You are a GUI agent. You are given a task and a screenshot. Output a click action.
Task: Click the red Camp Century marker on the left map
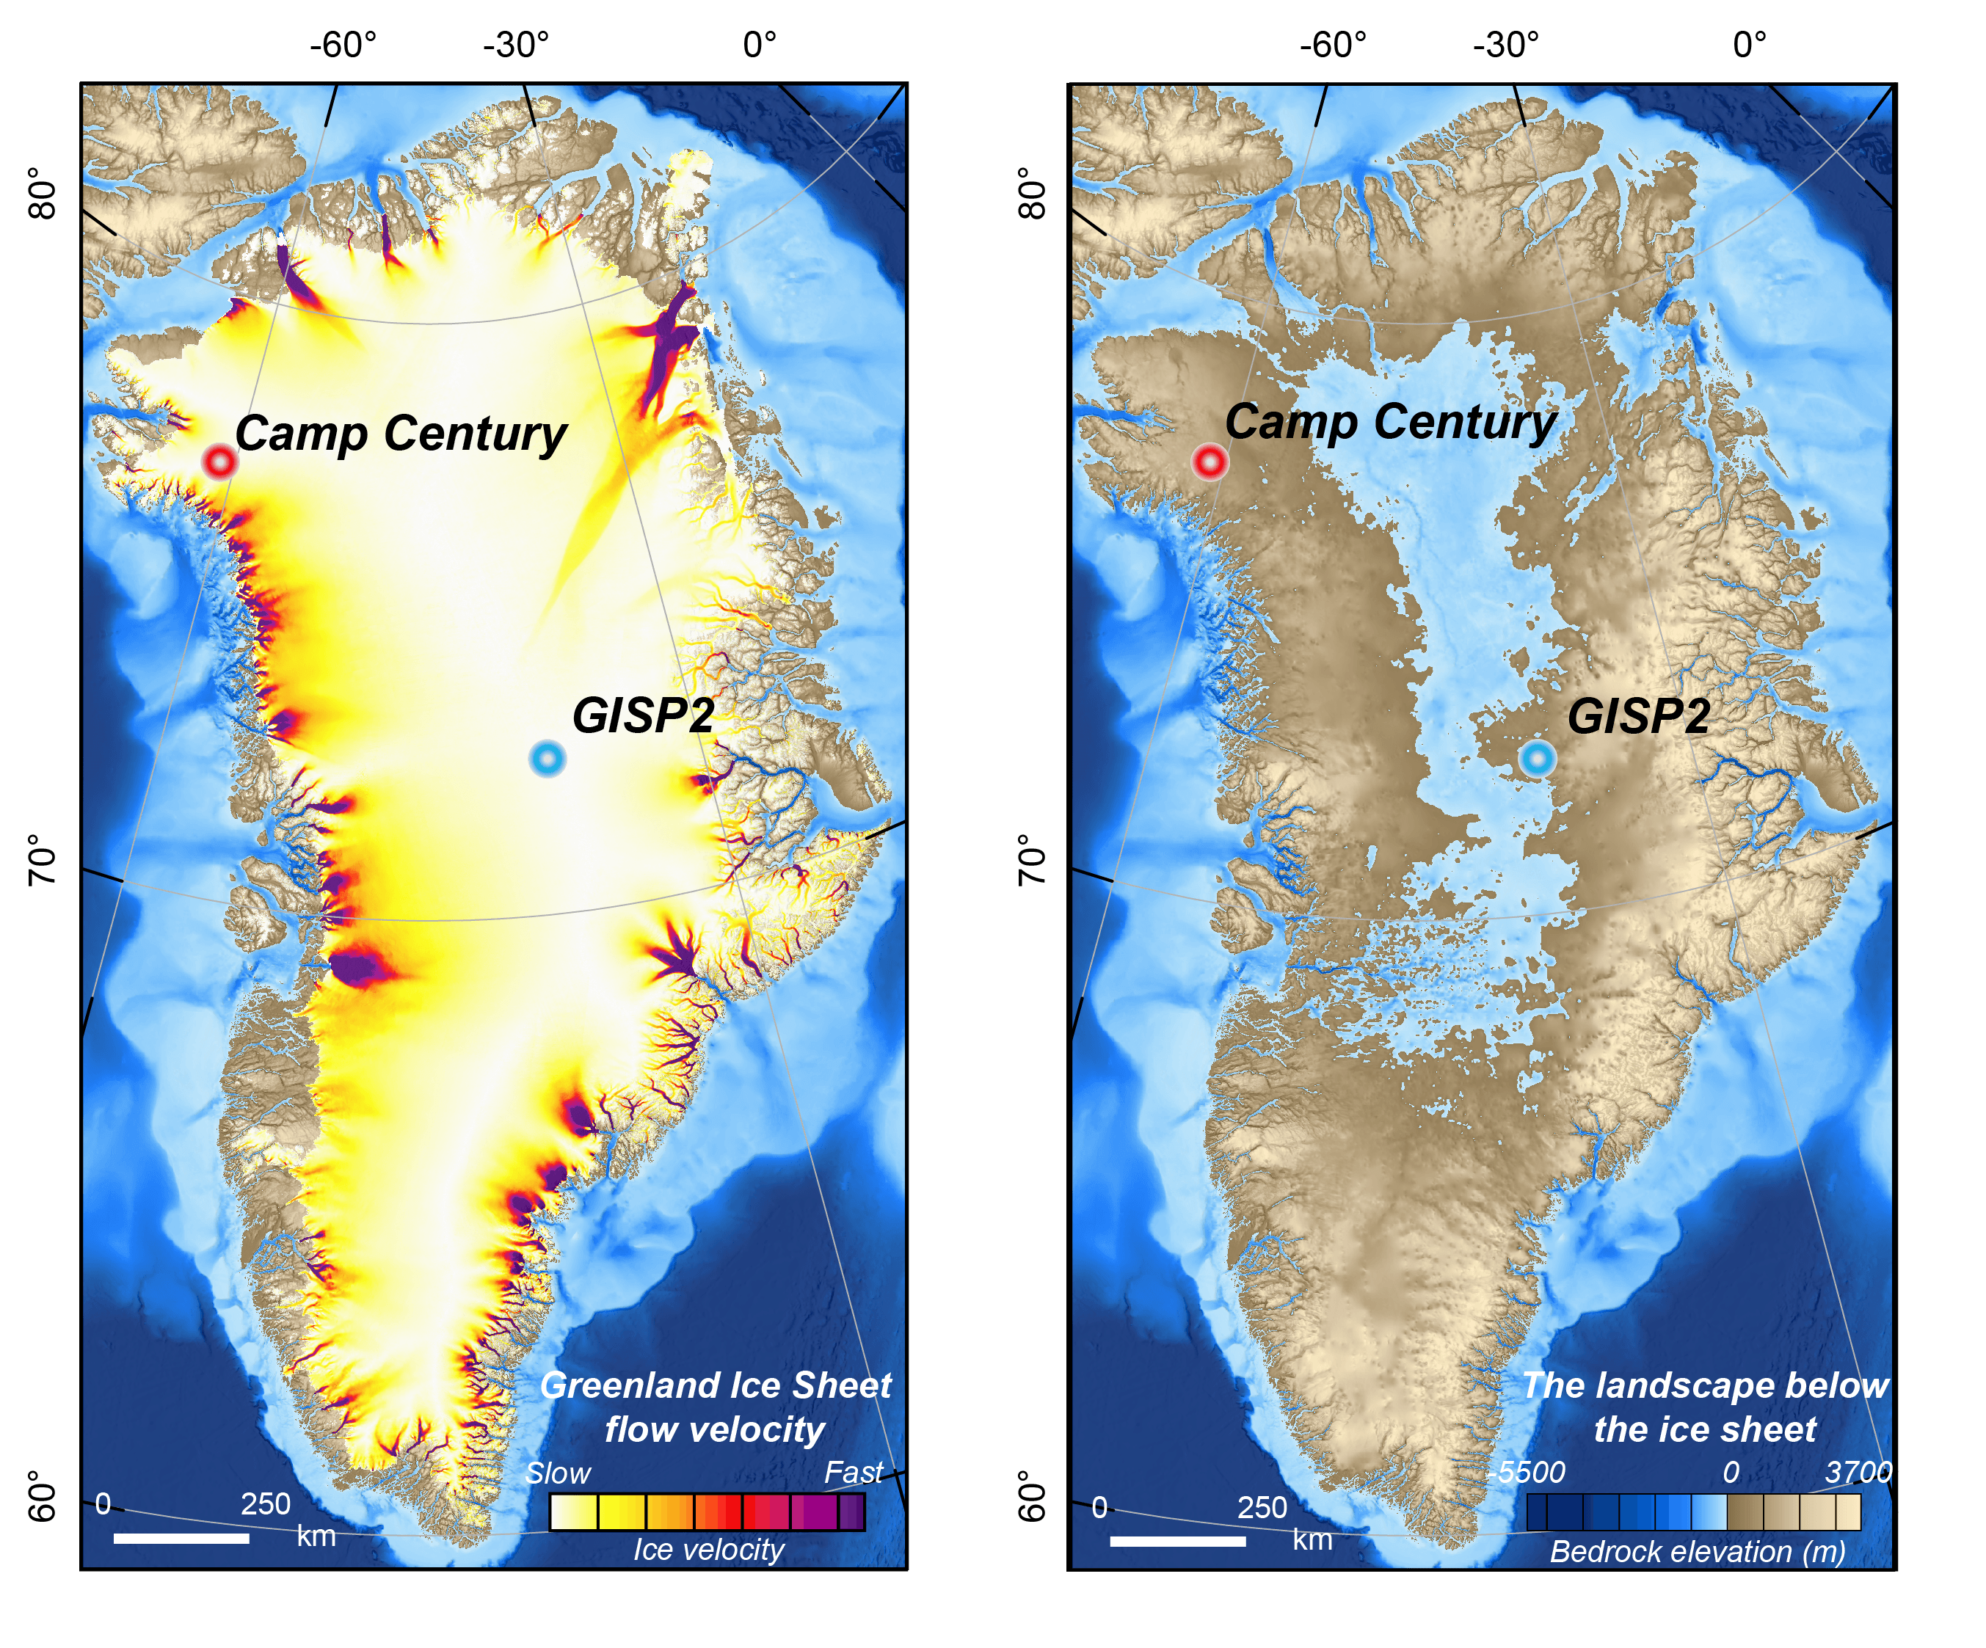click(x=219, y=462)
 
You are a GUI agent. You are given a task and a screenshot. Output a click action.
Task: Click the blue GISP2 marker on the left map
click(x=548, y=758)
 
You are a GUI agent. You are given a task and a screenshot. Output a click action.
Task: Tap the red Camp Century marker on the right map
click(x=1210, y=462)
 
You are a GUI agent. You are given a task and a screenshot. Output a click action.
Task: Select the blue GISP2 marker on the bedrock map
click(x=1537, y=757)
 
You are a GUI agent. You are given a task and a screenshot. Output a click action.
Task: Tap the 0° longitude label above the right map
click(x=1749, y=45)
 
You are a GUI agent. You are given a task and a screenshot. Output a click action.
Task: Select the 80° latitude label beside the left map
click(x=42, y=193)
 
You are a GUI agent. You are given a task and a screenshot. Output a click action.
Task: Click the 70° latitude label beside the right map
click(x=1032, y=858)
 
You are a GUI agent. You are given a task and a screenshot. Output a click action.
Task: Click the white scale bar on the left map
click(x=181, y=1539)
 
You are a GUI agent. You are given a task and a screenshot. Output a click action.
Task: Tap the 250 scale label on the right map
click(x=1262, y=1507)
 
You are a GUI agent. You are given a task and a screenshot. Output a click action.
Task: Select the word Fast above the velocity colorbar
click(x=853, y=1472)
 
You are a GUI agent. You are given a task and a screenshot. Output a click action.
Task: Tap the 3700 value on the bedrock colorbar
click(x=1858, y=1472)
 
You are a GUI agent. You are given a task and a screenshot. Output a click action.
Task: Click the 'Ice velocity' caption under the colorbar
click(x=708, y=1550)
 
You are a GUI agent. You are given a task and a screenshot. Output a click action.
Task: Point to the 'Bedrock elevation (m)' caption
click(x=1698, y=1552)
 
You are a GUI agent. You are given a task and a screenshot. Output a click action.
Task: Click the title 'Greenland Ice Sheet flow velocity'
click(x=715, y=1407)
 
